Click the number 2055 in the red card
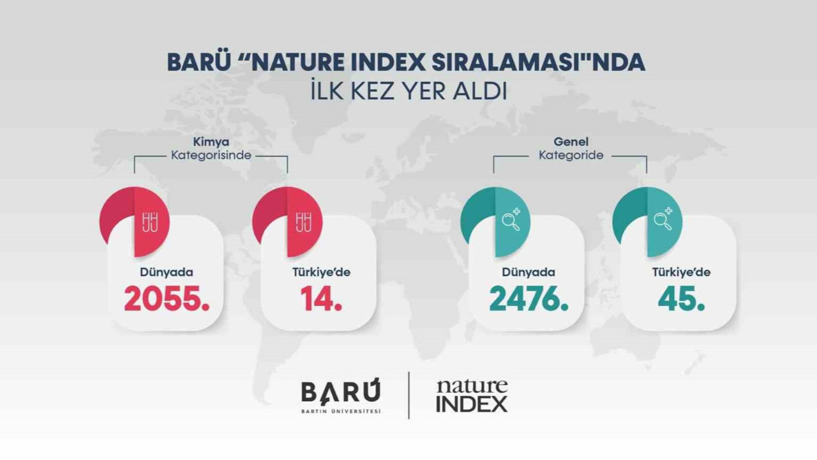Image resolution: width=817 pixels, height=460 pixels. (167, 298)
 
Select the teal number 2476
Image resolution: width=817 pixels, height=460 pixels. (528, 298)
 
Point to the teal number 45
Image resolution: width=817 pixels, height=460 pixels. (681, 298)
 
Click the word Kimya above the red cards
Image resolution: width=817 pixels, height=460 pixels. (211, 142)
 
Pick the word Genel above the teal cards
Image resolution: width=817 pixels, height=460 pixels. (571, 142)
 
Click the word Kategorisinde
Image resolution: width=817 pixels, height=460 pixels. (211, 155)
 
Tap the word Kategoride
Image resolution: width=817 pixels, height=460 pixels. (571, 155)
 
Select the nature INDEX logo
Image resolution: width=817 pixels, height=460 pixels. (472, 396)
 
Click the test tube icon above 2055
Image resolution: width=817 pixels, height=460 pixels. (151, 221)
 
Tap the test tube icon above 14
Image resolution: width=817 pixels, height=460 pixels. (304, 221)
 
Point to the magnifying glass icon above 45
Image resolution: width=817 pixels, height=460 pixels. (664, 219)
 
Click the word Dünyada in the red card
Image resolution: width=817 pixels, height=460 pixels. (167, 272)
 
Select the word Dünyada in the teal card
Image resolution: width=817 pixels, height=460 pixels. (528, 272)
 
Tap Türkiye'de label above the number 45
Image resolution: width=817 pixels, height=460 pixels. (681, 272)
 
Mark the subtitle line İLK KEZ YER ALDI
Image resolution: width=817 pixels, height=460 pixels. (408, 91)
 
